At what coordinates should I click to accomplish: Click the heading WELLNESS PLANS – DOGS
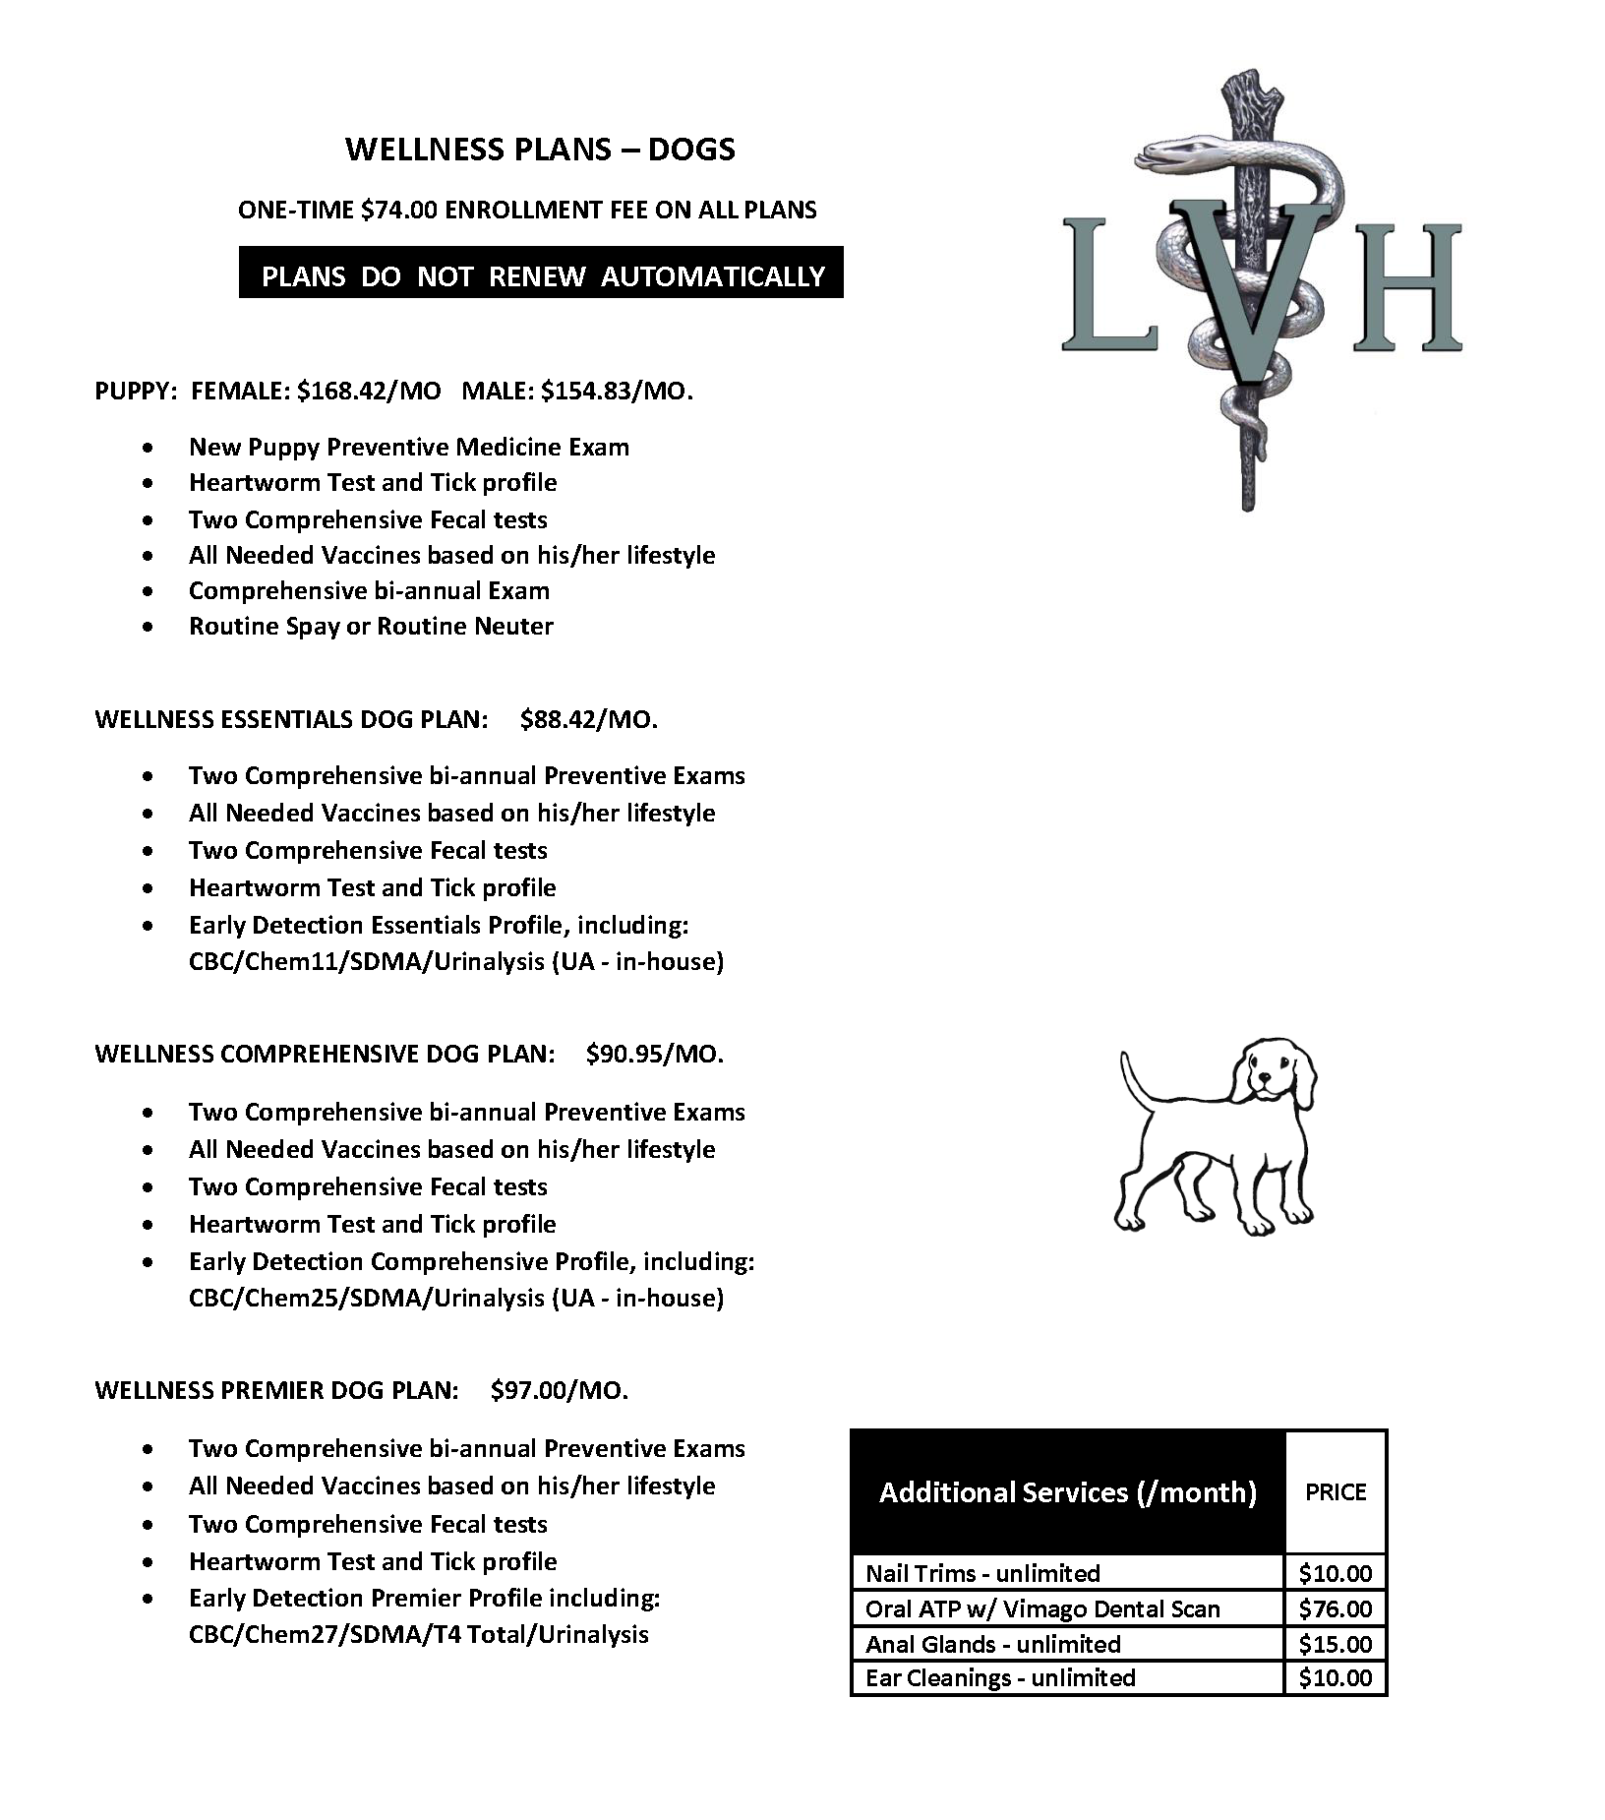tap(540, 150)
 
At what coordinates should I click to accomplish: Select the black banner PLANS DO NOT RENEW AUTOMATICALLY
tap(541, 275)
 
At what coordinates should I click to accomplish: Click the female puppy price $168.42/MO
tap(369, 391)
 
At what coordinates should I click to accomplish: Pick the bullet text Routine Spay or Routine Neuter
tap(371, 627)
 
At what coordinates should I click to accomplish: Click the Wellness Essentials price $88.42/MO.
tap(588, 719)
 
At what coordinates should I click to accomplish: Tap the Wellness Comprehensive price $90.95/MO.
tap(654, 1055)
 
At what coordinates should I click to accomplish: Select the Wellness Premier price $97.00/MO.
tap(559, 1390)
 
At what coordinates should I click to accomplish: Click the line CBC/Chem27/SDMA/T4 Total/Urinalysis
tap(418, 1634)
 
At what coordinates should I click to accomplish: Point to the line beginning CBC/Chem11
tap(455, 961)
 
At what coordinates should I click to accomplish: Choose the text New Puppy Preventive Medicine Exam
tap(408, 448)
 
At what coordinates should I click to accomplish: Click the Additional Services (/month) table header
tap(1067, 1492)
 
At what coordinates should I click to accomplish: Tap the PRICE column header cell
tap(1335, 1492)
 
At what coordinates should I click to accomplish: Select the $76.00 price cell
tap(1335, 1608)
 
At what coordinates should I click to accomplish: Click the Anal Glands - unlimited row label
tap(992, 1644)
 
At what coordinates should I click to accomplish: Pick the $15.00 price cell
tap(1335, 1644)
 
